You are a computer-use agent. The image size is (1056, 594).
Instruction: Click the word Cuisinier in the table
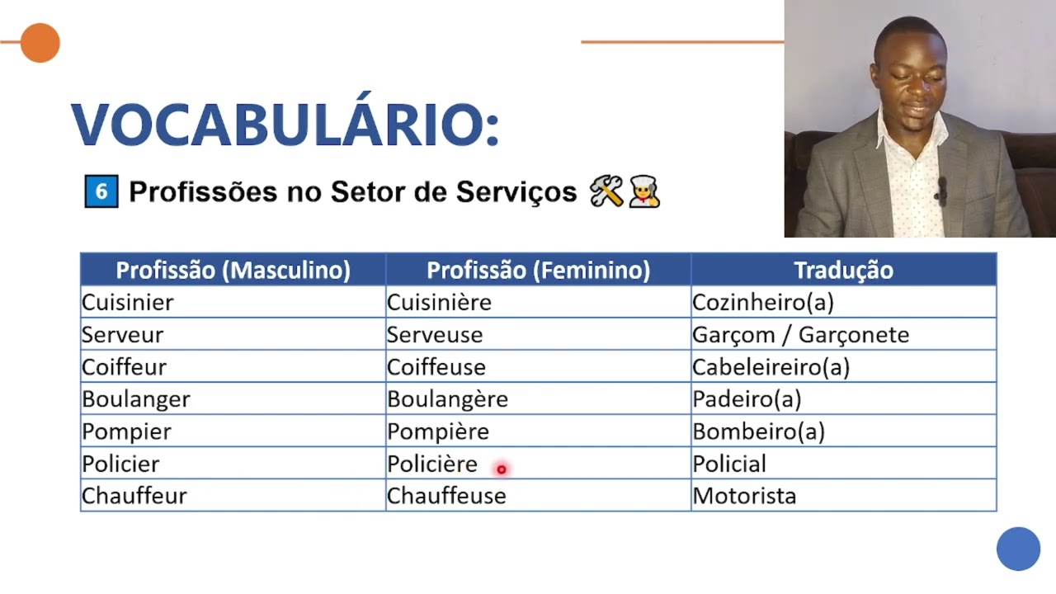pos(128,303)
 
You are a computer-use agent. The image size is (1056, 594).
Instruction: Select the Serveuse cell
pos(435,335)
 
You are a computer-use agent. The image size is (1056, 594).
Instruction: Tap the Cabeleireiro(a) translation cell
pos(771,367)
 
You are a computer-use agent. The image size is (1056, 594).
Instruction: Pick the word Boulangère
pos(447,399)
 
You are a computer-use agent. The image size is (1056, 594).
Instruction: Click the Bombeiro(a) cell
pos(758,431)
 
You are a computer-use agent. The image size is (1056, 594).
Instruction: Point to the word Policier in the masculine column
pos(120,464)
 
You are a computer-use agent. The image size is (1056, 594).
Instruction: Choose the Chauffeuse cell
pos(446,496)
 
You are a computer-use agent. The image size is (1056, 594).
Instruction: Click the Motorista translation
pos(744,496)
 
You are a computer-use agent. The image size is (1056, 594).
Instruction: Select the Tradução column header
pos(843,270)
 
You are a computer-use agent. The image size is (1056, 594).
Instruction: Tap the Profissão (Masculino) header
pos(233,270)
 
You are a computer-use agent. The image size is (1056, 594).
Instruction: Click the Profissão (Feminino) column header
pos(538,270)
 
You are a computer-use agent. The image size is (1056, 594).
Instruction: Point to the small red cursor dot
pos(501,469)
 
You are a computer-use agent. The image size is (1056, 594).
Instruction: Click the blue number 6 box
pos(101,192)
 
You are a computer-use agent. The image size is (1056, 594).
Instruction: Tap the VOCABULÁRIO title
pos(285,125)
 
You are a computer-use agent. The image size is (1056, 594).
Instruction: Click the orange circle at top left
pos(40,43)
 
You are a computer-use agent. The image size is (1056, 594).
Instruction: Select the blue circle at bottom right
pos(1018,549)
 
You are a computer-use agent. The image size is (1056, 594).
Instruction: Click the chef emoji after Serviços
pos(643,192)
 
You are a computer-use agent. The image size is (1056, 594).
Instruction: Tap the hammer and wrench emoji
pos(606,192)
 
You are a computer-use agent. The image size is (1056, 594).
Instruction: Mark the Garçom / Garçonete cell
pos(800,335)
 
